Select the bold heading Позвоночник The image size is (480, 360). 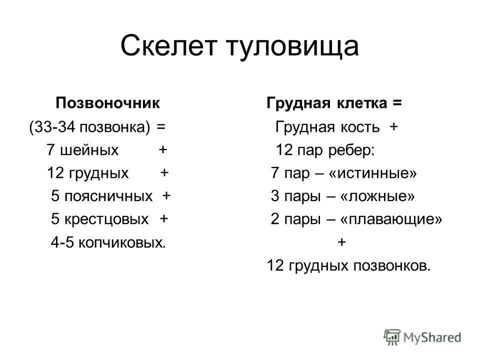pos(108,104)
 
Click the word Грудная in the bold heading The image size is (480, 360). pos(296,104)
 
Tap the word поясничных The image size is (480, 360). pos(109,196)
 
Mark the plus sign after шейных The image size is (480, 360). pos(162,150)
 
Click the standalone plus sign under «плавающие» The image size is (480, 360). pos(342,243)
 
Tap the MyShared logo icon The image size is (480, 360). pos(392,336)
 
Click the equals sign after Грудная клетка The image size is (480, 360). pos(397,104)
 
